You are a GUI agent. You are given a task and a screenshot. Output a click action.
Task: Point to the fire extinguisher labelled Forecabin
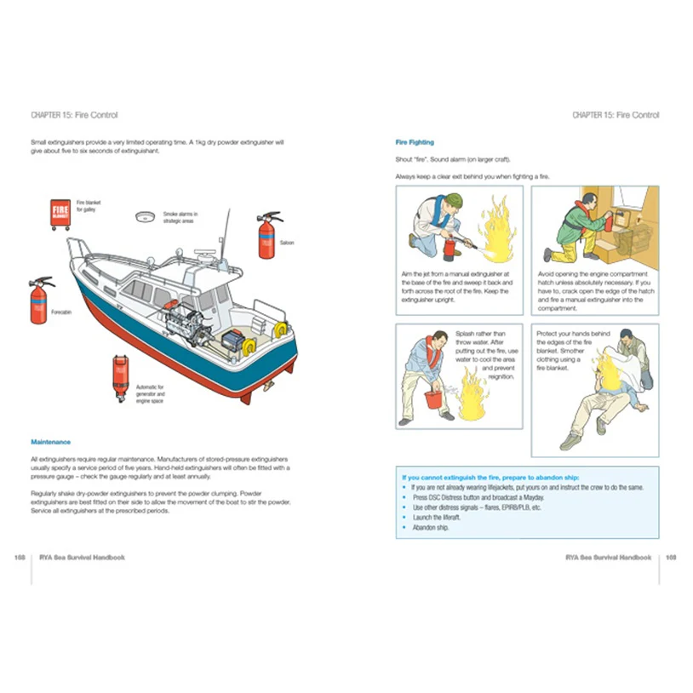point(39,300)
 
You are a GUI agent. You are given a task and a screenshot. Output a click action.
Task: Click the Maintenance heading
point(49,442)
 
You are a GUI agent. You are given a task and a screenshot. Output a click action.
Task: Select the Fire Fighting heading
point(415,142)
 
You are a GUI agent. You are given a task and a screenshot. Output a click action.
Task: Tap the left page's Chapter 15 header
point(73,115)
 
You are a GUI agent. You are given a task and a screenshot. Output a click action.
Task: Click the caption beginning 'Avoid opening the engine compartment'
point(594,291)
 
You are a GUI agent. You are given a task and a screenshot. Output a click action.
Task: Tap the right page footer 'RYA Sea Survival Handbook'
point(608,558)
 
